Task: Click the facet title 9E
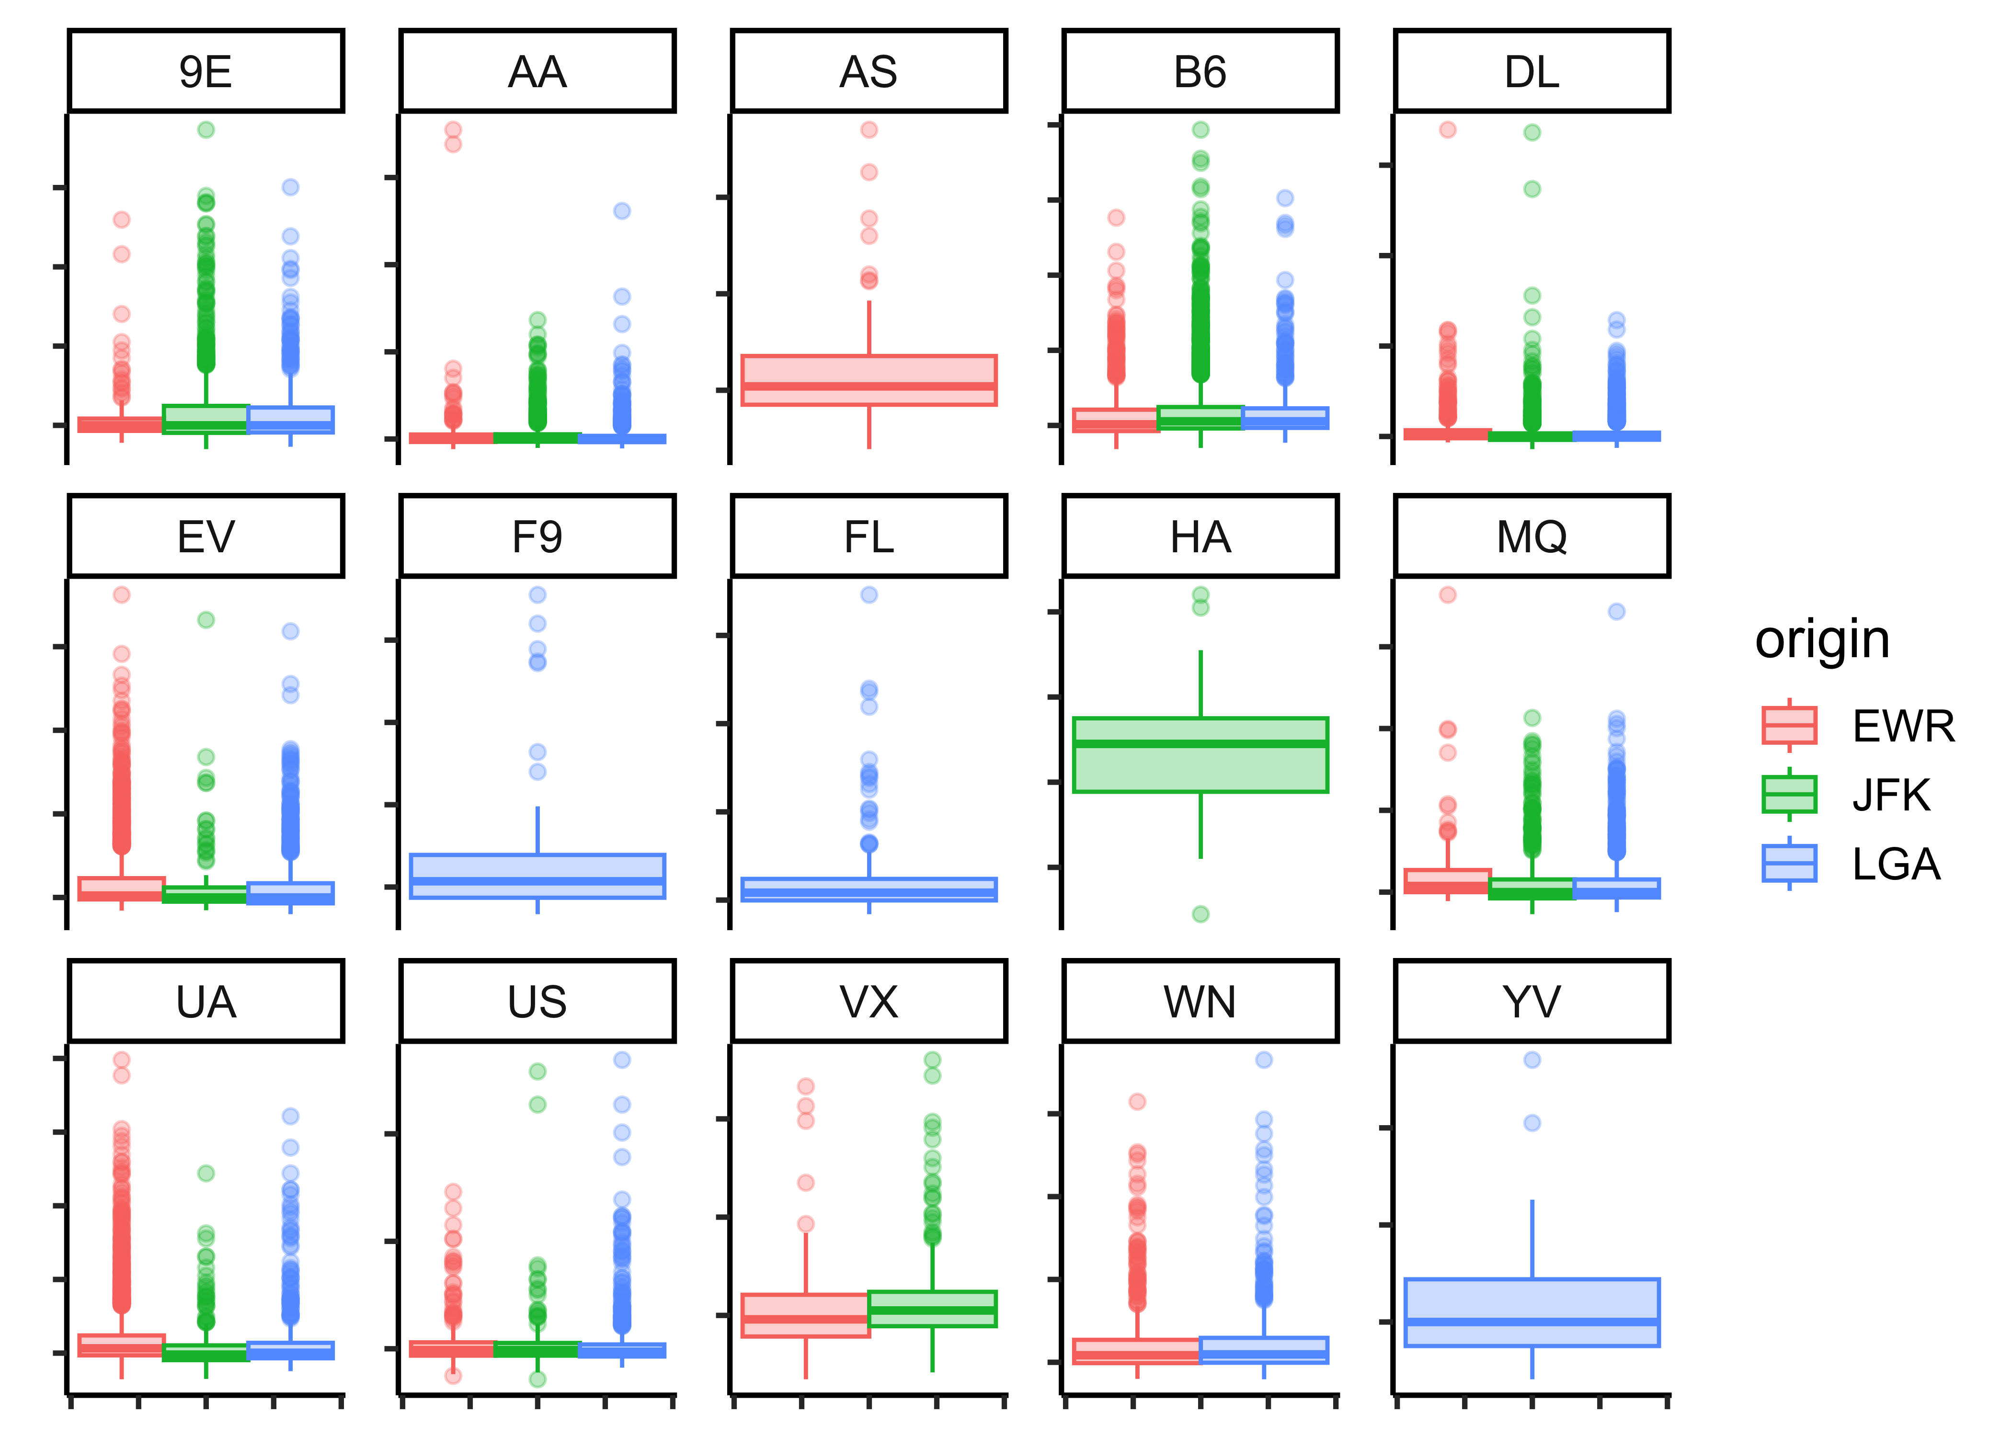pos(205,72)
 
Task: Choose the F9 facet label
pos(537,536)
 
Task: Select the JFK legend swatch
pos(1789,794)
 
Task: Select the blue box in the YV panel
pos(1532,1312)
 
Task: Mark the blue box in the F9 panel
pos(537,876)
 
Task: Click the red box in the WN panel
pos(1136,1351)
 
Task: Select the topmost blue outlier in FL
pos(869,594)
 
